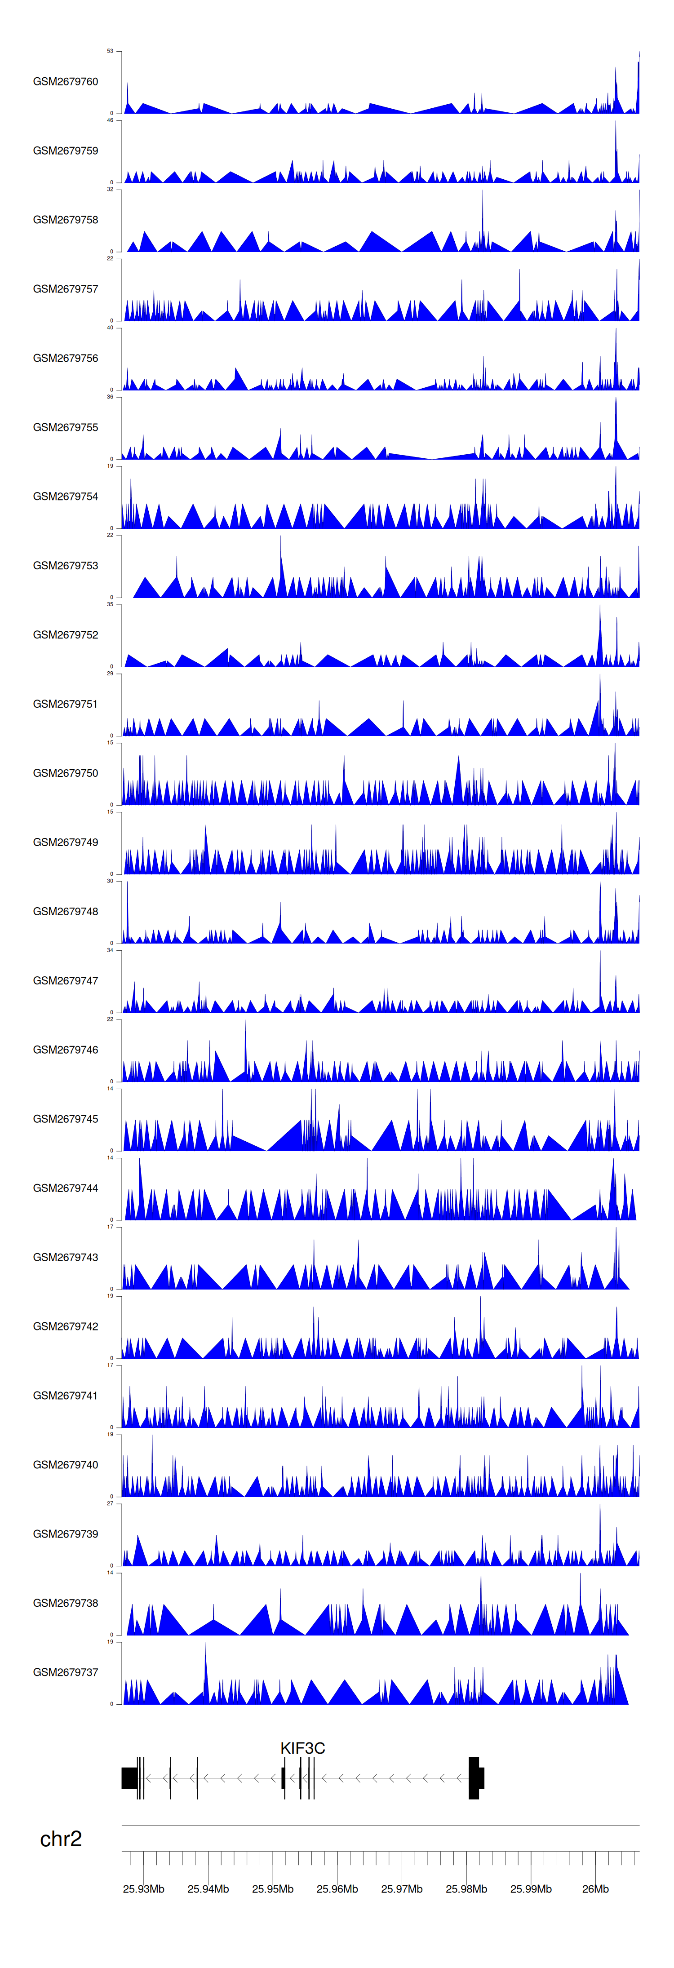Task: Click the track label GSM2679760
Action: point(65,82)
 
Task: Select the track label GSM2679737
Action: point(65,1672)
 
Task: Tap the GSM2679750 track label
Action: point(65,773)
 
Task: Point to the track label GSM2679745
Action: point(65,1119)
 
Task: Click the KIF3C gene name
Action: point(302,1748)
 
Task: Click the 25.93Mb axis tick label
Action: point(144,1889)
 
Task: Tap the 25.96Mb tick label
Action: point(337,1889)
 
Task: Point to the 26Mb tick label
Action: point(595,1889)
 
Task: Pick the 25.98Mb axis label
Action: point(466,1889)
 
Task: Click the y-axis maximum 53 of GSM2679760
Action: point(110,51)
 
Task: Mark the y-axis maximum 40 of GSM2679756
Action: point(110,328)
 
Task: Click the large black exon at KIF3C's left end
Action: point(129,1778)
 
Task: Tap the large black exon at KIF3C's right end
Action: point(474,1778)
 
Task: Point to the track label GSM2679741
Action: point(65,1396)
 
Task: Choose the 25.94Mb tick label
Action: point(208,1889)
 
